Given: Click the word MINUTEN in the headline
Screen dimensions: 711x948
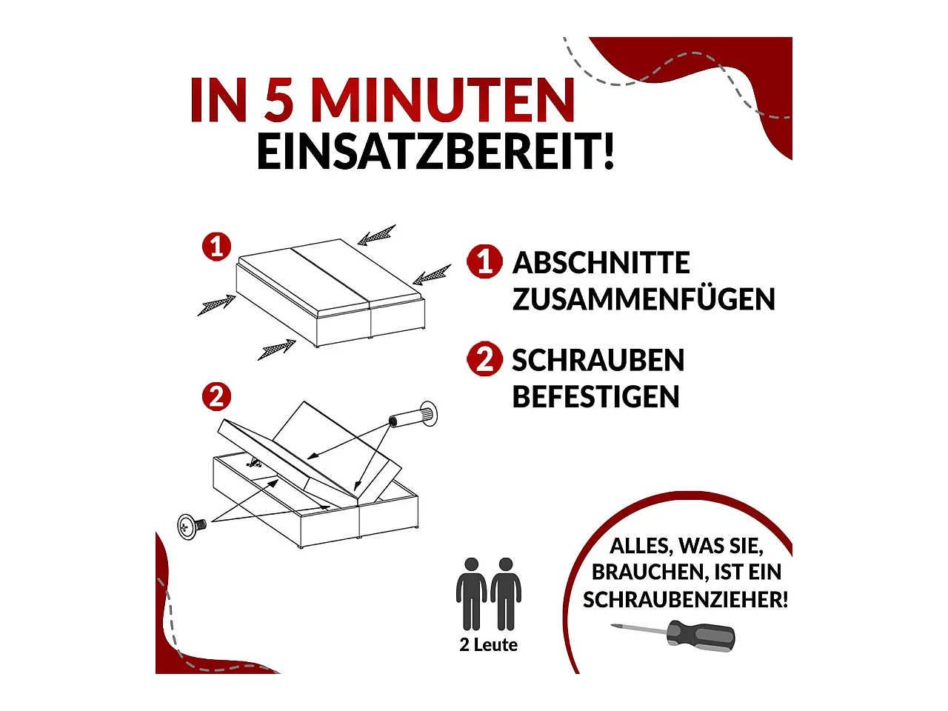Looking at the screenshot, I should pos(442,100).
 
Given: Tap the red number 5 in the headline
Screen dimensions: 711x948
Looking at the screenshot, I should pos(279,100).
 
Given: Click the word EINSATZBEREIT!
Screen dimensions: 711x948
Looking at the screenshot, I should pos(435,152).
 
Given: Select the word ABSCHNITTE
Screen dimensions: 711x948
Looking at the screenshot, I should pos(601,263).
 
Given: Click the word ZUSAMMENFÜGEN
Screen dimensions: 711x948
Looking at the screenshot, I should pos(643,299).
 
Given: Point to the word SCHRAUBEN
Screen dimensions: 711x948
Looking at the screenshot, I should pos(598,361).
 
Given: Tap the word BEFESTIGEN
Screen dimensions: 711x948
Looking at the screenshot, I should pos(595,397).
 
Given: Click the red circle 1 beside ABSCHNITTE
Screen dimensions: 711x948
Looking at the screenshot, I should pos(484,261).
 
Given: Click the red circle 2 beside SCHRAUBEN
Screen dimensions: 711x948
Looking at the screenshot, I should pos(484,359).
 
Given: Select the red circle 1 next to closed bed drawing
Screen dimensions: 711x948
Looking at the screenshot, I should pos(216,246).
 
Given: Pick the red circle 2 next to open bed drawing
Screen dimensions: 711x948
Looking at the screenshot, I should pos(216,397).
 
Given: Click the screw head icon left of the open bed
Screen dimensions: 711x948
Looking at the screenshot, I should pos(190,526).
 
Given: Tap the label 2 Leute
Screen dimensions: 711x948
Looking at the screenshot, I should pos(488,645).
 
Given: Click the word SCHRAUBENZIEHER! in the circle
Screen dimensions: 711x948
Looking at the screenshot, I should pos(685,600).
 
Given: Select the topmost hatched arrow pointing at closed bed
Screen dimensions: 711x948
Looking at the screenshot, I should pos(377,235).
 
